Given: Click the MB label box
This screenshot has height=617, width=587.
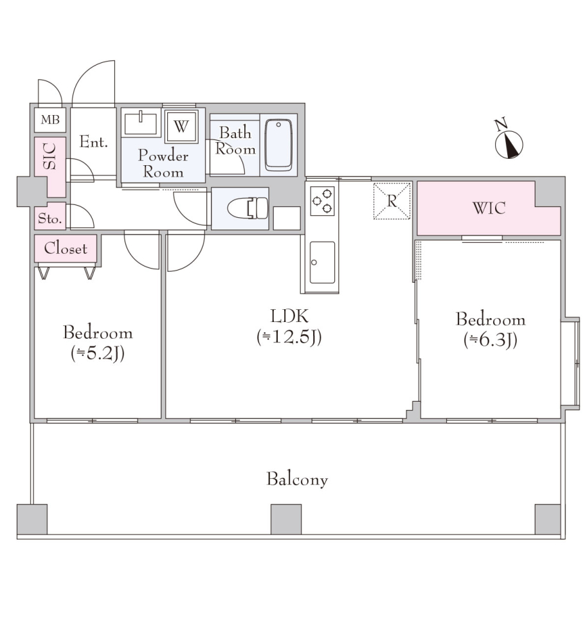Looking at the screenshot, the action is [x=50, y=120].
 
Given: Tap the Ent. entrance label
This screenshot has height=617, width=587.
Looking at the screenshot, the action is [x=94, y=141].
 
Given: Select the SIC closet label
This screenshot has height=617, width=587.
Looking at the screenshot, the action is [x=50, y=157].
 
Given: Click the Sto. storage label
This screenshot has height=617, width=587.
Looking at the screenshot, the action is [x=50, y=219].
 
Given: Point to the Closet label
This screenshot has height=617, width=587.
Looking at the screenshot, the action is [x=66, y=248].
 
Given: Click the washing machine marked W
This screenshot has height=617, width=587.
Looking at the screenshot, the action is [x=181, y=127].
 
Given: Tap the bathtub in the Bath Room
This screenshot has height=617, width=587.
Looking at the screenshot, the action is [x=278, y=145].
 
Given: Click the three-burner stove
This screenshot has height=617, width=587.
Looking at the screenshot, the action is [x=323, y=201].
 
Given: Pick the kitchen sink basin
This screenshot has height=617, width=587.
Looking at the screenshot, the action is [x=323, y=262].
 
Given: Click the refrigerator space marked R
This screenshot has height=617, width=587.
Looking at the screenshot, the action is [x=392, y=201].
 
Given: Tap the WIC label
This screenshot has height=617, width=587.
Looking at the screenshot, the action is [x=489, y=208].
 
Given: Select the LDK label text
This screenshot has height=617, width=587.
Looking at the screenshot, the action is [x=289, y=316].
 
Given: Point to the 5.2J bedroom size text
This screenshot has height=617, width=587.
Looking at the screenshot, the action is [x=98, y=353].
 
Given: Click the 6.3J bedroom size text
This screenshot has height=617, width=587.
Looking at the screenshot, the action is [x=490, y=340].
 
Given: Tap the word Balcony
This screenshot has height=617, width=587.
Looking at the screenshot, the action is [x=297, y=479].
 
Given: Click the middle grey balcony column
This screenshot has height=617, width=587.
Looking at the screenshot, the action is [x=286, y=519].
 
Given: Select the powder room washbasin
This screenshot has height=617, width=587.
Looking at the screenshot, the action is [x=141, y=123].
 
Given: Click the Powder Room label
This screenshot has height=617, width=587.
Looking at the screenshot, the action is [x=163, y=164].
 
